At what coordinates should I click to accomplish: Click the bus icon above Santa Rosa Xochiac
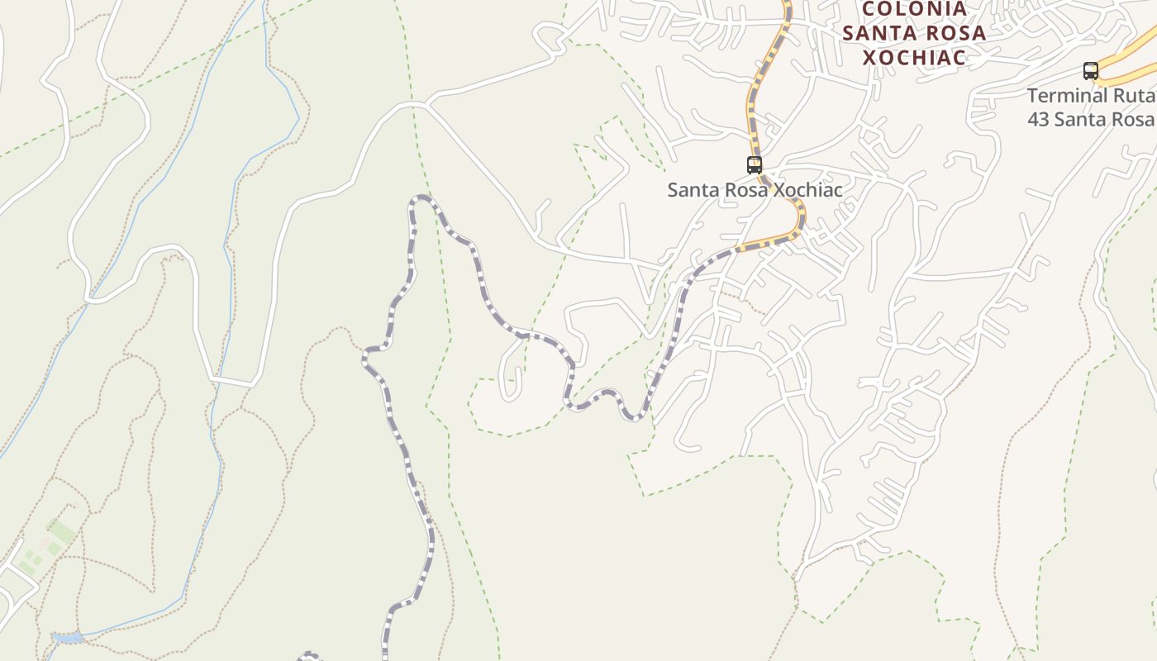pos(754,164)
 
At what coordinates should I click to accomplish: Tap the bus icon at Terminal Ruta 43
pos(1091,71)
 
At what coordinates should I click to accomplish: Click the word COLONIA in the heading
pos(914,9)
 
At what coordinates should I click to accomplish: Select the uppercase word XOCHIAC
pos(914,58)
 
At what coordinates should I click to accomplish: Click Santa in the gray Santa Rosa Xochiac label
pos(692,190)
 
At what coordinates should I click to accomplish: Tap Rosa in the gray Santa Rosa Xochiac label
pos(746,190)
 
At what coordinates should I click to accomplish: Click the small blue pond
pos(67,638)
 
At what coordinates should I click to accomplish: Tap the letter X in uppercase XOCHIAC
pos(870,58)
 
